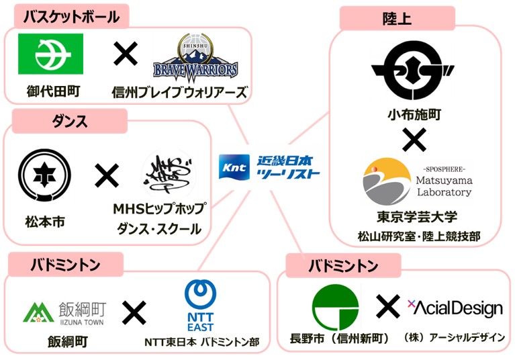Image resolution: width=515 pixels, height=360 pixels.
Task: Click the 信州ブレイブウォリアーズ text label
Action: [x=179, y=92]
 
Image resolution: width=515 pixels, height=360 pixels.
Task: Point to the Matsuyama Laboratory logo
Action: [x=418, y=182]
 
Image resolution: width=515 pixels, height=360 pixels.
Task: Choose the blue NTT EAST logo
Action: [x=200, y=306]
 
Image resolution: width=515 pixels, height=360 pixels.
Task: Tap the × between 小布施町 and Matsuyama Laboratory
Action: [x=414, y=140]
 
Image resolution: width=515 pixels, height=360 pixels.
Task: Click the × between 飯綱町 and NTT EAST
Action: [x=134, y=311]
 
